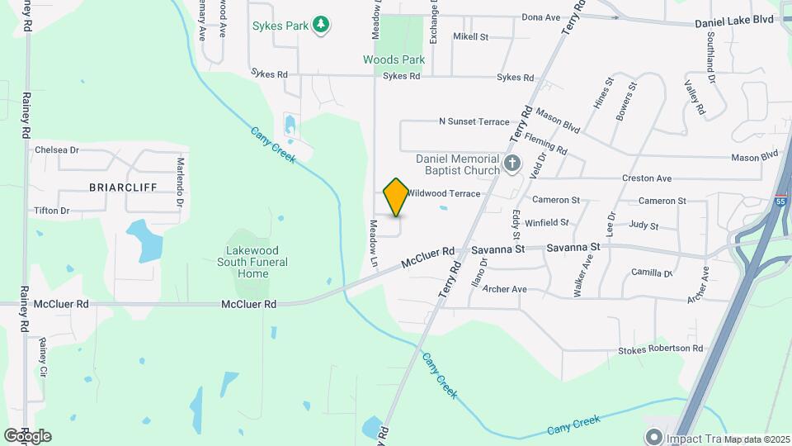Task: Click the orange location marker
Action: pyautogui.click(x=396, y=197)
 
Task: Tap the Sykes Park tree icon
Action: pyautogui.click(x=321, y=26)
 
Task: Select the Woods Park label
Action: pyautogui.click(x=394, y=59)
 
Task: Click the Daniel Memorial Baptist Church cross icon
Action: pyautogui.click(x=512, y=164)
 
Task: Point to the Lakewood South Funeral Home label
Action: pyautogui.click(x=253, y=262)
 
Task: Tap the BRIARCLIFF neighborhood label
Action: pyautogui.click(x=123, y=187)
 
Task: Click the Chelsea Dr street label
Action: pyautogui.click(x=57, y=150)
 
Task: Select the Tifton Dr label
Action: pyautogui.click(x=52, y=211)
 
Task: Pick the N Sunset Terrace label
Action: pyautogui.click(x=474, y=121)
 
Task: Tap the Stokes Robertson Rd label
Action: pyautogui.click(x=660, y=349)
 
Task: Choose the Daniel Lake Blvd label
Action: pyautogui.click(x=733, y=19)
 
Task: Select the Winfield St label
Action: pyautogui.click(x=547, y=222)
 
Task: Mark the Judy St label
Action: pyautogui.click(x=643, y=225)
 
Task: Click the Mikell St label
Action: pyautogui.click(x=471, y=37)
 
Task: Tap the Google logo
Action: pyautogui.click(x=27, y=435)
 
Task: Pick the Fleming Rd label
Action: pyautogui.click(x=545, y=144)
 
